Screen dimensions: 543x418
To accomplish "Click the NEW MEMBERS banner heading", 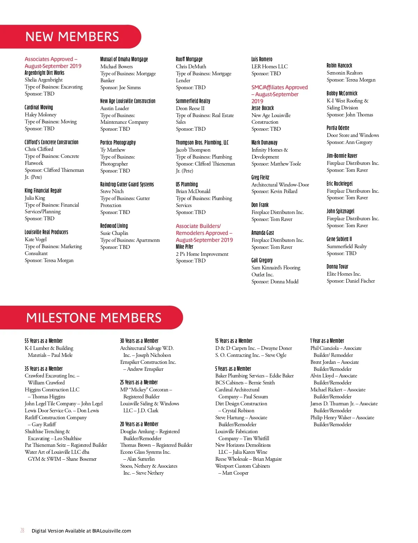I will pyautogui.click(x=72, y=37).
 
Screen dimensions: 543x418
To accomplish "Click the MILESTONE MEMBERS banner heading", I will pyautogui.click(x=94, y=318).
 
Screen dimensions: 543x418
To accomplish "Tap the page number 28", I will pyautogui.click(x=22, y=530).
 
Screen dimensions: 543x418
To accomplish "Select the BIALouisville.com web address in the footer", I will pyautogui.click(x=111, y=531).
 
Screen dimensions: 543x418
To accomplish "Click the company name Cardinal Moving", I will pyautogui.click(x=39, y=107).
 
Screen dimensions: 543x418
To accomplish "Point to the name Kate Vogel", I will pyautogui.click(x=36, y=239).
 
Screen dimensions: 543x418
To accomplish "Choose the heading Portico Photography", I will pyautogui.click(x=118, y=143).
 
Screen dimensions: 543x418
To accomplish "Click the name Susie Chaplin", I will pyautogui.click(x=114, y=233).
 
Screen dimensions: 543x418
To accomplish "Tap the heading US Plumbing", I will pyautogui.click(x=187, y=184).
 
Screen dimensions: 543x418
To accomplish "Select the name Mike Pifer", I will pyautogui.click(x=185, y=247).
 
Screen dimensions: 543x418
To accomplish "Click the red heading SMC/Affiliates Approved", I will pyautogui.click(x=279, y=87).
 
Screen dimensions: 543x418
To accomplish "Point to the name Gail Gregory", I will pyautogui.click(x=262, y=260).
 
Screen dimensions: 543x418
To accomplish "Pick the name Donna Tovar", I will pyautogui.click(x=337, y=267).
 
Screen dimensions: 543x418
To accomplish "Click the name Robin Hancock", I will pyautogui.click(x=339, y=66).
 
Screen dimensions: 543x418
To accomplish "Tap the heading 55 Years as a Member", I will pyautogui.click(x=44, y=341).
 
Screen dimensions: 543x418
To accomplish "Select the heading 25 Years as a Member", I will pyautogui.click(x=139, y=382).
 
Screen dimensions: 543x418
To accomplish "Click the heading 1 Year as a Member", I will pyautogui.click(x=327, y=341).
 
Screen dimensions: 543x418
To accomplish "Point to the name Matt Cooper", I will pyautogui.click(x=235, y=473).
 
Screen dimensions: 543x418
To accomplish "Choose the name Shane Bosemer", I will pyautogui.click(x=81, y=459).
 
